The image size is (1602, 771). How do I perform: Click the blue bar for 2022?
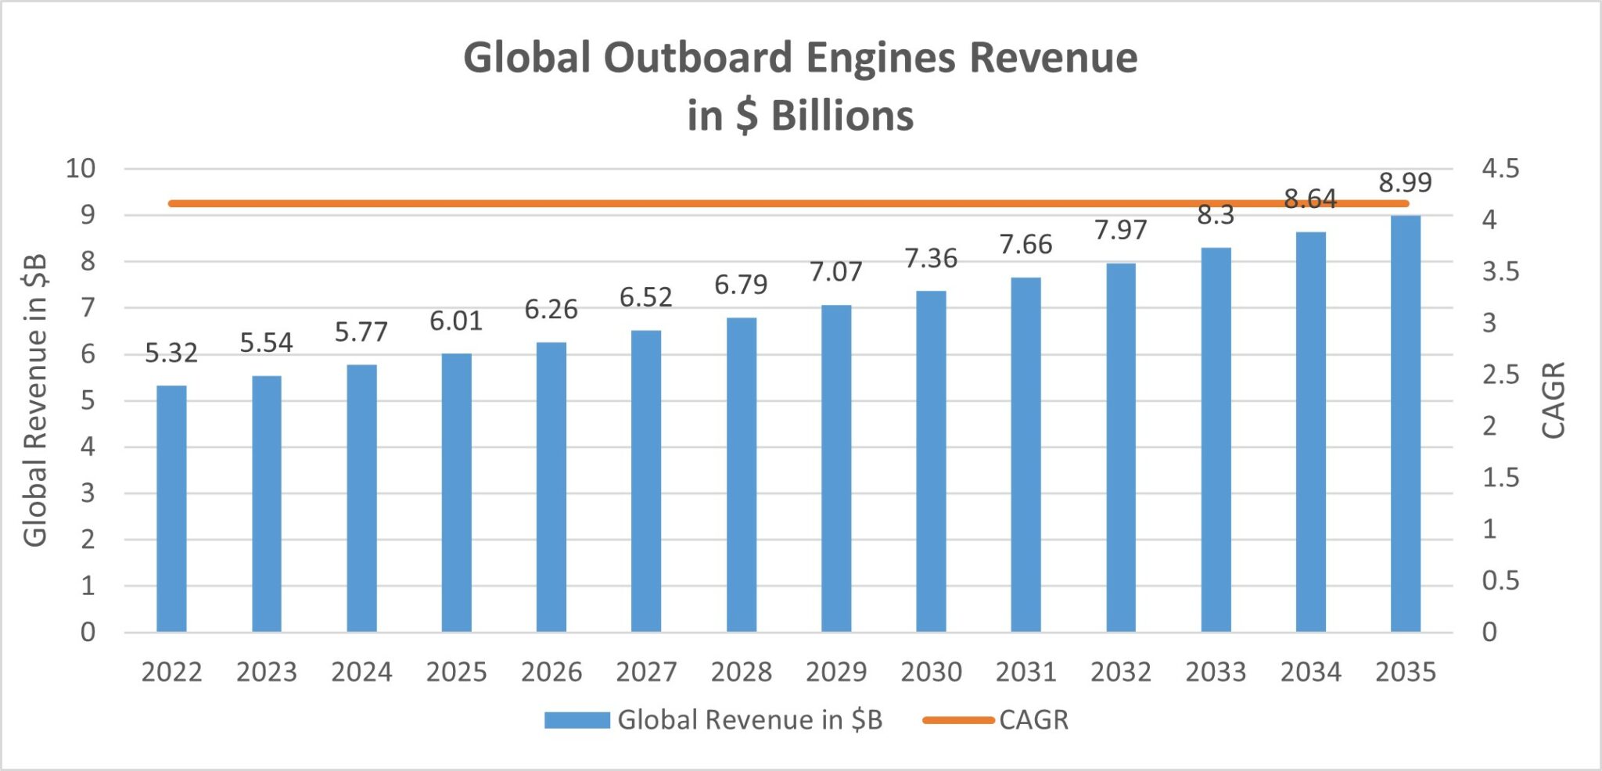(x=171, y=508)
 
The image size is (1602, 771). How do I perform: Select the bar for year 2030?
(x=931, y=461)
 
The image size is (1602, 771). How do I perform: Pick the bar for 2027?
(x=646, y=481)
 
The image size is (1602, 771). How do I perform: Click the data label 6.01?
(x=455, y=321)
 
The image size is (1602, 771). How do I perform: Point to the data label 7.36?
(x=931, y=258)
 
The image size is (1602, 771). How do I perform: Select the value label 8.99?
(x=1405, y=182)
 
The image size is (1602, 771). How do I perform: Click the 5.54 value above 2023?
(x=266, y=342)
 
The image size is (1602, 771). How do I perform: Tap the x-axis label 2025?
(x=456, y=672)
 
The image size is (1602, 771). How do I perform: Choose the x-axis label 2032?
(x=1120, y=672)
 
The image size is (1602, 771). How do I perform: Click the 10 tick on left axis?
(x=80, y=168)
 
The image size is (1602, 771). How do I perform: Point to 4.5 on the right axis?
(x=1500, y=168)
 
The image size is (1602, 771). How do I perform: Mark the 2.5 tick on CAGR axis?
(x=1500, y=375)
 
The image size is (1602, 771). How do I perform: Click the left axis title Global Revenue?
(x=35, y=400)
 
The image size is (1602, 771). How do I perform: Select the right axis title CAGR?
(x=1553, y=400)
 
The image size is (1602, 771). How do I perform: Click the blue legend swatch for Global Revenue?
(x=577, y=719)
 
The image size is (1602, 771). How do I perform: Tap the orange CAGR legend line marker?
(x=957, y=719)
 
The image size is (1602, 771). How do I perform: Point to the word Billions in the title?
(x=842, y=116)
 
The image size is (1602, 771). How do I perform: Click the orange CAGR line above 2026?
(x=551, y=203)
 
